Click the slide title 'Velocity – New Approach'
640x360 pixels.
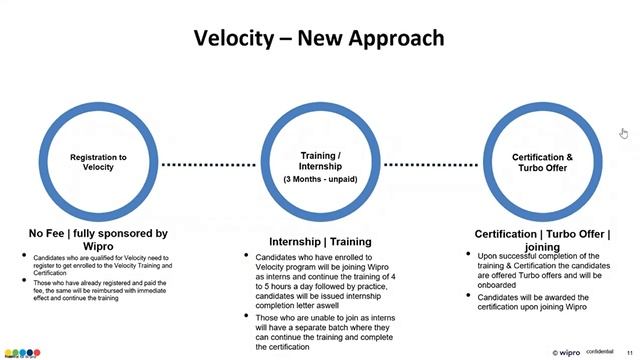320,39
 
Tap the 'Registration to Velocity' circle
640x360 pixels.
98,162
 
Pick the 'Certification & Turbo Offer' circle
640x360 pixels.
542,162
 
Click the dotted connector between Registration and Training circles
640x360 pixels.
209,164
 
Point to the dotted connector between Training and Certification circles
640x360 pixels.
431,164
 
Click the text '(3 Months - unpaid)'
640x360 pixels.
320,179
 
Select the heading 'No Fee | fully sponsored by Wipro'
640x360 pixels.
98,239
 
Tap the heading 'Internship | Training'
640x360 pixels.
320,242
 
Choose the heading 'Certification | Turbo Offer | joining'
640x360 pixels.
542,239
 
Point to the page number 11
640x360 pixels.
629,352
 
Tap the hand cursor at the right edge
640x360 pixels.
624,133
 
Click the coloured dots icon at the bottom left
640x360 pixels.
22,352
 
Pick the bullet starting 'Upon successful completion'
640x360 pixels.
545,269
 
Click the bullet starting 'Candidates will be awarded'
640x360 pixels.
545,302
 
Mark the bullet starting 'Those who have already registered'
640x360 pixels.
100,289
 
